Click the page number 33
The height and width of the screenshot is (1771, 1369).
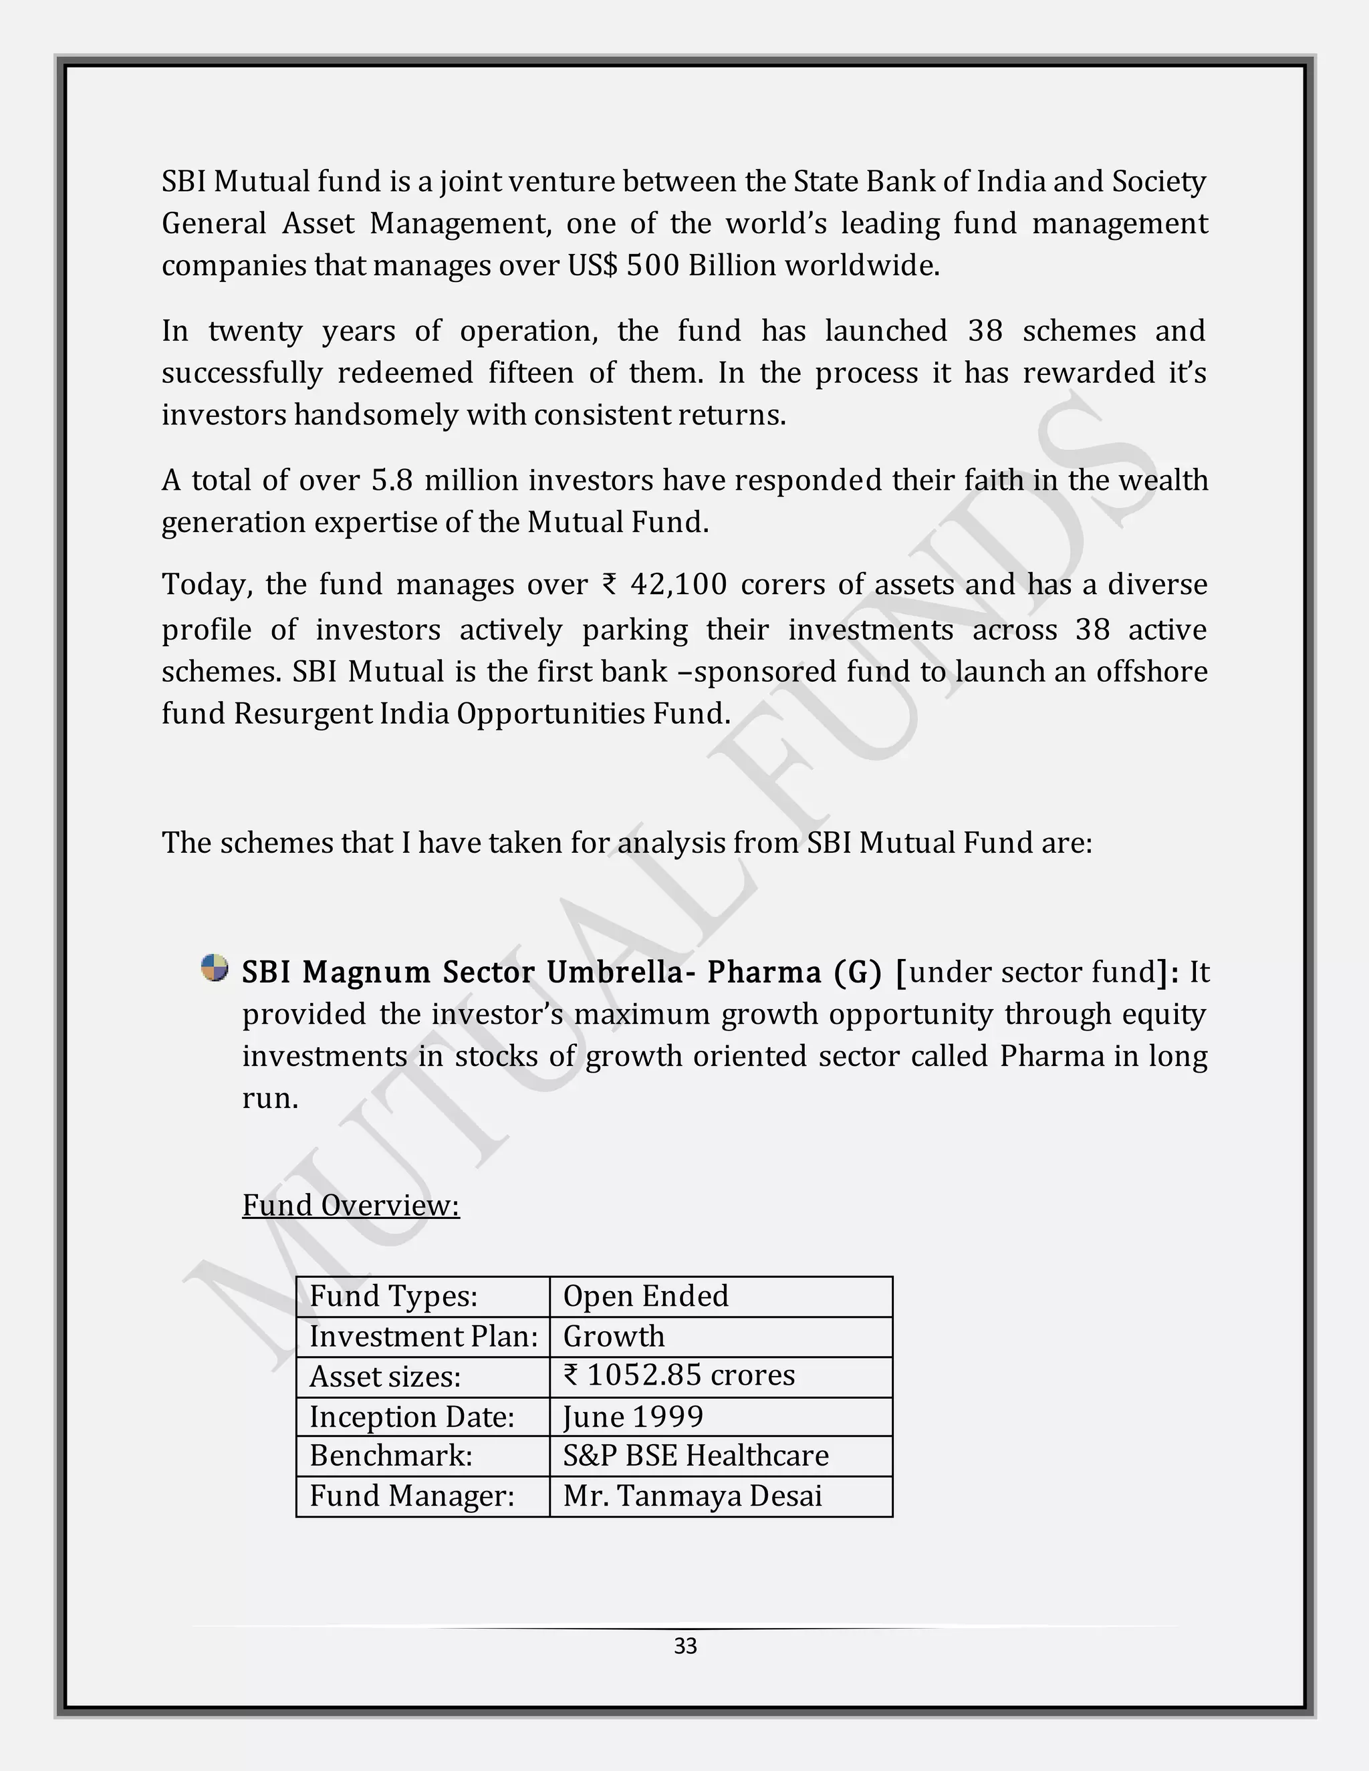pos(685,1645)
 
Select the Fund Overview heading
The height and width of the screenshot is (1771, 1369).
pos(350,1205)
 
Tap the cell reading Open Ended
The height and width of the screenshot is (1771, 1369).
pos(646,1296)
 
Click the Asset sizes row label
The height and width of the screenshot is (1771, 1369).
pos(385,1377)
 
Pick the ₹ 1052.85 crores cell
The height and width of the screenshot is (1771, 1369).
pos(679,1375)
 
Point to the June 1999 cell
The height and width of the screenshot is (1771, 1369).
pos(632,1417)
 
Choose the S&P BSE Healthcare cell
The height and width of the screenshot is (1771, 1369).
pos(696,1456)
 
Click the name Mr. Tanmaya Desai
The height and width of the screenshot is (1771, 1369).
pos(693,1495)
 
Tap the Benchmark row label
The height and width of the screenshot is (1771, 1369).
pos(391,1456)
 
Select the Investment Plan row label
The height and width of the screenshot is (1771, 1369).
pos(423,1337)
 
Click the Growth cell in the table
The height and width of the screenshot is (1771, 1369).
pos(614,1337)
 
